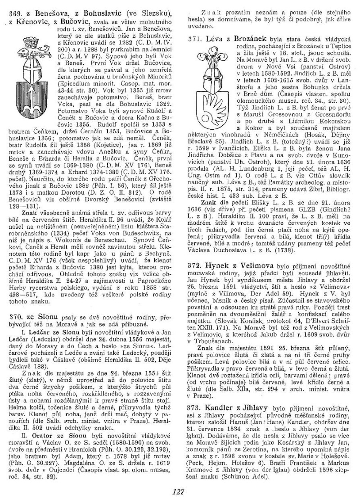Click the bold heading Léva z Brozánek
[x=232, y=40]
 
